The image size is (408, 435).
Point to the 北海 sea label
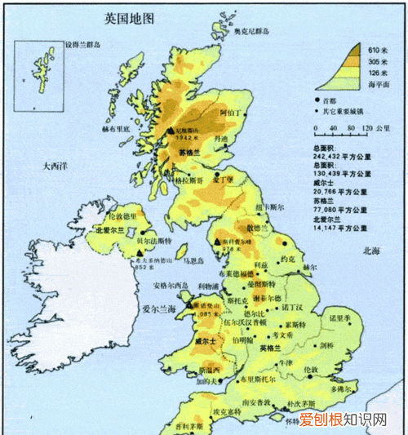(x=372, y=251)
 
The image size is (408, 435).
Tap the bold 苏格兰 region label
(x=188, y=153)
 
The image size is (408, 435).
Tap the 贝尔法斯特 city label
(x=152, y=242)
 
